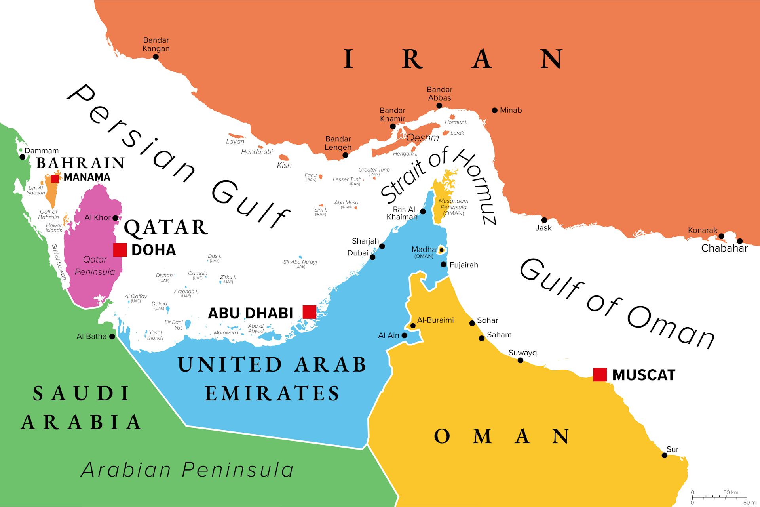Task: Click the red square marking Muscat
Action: point(600,375)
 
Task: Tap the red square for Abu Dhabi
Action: point(309,312)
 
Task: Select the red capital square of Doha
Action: point(120,250)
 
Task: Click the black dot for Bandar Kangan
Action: point(156,57)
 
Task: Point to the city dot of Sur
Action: point(665,456)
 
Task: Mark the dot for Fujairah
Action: point(443,264)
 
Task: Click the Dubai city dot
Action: point(372,257)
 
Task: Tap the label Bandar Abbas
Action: point(439,94)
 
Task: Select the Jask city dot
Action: point(544,220)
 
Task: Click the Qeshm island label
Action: point(422,138)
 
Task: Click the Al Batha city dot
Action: point(112,337)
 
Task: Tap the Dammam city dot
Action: point(23,157)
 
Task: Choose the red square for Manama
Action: point(55,179)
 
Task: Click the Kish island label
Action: point(284,165)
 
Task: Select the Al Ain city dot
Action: point(404,335)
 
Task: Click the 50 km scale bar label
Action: point(730,492)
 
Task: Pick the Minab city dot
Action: point(494,111)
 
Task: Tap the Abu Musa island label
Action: point(346,203)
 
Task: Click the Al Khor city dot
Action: point(115,218)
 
